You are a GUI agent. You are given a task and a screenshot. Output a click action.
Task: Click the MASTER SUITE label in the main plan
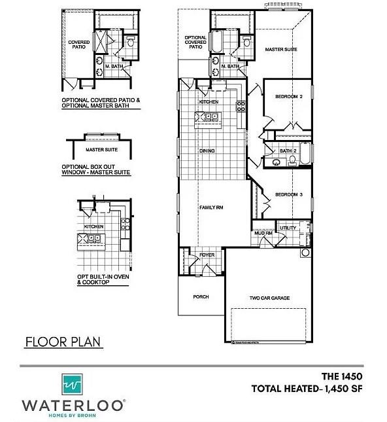281,49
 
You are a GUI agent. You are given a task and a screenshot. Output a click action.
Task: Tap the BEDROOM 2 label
288,96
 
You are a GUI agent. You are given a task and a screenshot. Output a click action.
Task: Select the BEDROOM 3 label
288,194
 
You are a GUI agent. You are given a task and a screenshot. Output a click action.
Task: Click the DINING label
207,151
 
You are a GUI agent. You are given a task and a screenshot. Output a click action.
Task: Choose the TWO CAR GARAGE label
269,298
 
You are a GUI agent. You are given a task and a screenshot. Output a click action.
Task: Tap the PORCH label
201,296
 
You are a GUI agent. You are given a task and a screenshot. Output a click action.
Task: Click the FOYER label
207,255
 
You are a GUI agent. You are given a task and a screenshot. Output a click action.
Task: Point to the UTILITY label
288,228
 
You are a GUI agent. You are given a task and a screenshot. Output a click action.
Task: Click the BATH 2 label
288,151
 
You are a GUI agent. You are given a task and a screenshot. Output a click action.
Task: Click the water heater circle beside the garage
305,253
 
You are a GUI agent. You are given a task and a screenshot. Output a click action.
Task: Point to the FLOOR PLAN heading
54,342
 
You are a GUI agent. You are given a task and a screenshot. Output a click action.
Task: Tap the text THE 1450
341,376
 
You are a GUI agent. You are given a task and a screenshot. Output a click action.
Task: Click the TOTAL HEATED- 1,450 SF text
307,389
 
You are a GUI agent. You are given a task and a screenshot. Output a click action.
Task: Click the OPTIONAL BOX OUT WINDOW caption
96,169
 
